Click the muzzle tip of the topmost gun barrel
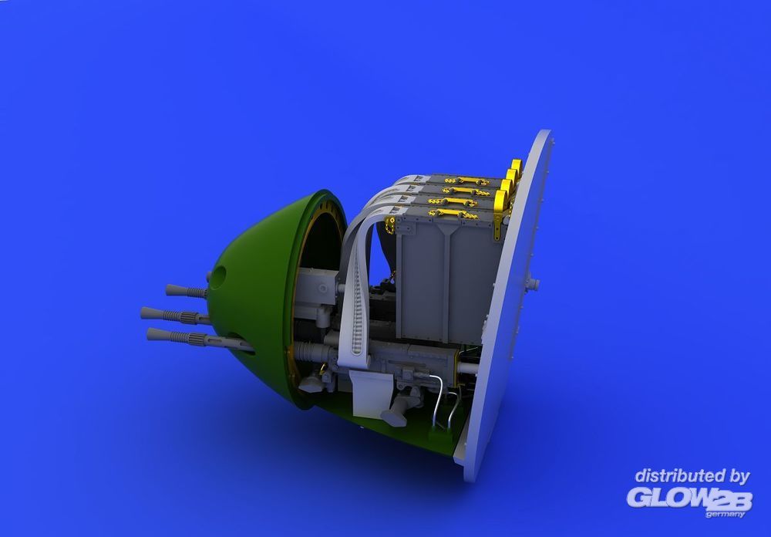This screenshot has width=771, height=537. click(x=169, y=289)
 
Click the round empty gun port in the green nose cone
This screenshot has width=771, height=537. click(x=219, y=275)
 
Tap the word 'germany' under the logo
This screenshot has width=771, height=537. click(x=725, y=515)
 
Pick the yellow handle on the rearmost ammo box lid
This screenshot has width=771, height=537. click(x=467, y=181)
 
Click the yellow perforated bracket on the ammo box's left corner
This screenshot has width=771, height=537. click(x=390, y=225)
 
